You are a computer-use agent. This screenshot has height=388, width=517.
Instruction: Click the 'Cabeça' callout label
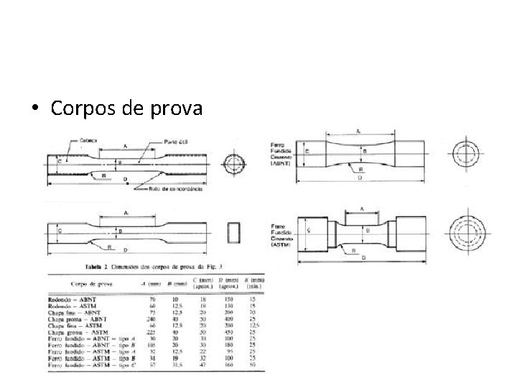coord(89,140)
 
